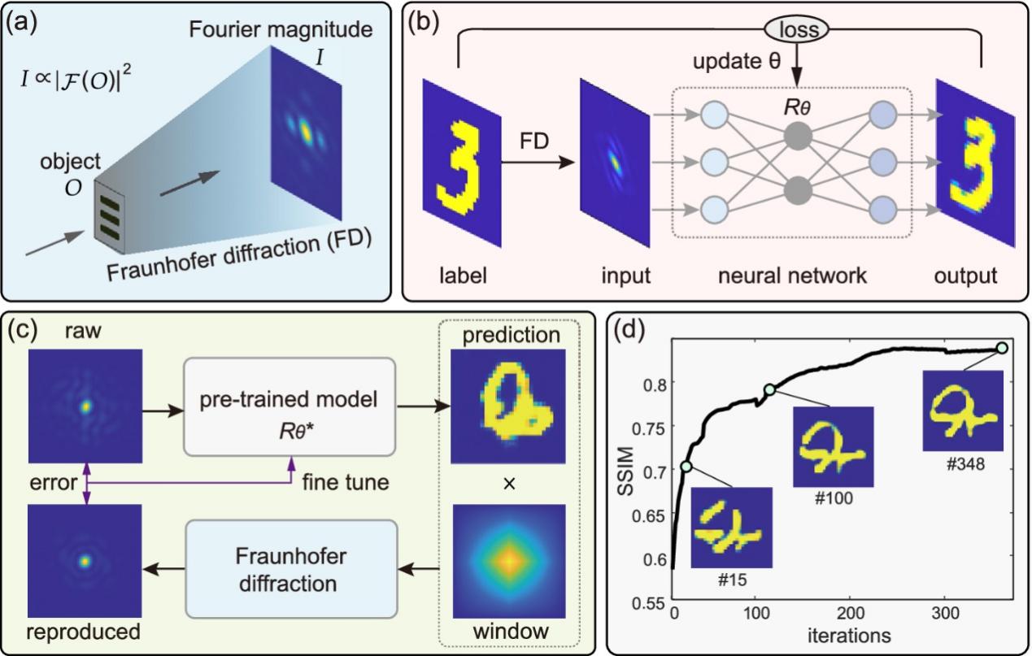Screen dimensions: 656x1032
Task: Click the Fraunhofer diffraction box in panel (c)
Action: pyautogui.click(x=290, y=562)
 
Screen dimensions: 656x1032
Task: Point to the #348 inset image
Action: pyautogui.click(x=962, y=411)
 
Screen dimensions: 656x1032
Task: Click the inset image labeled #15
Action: pyautogui.click(x=729, y=528)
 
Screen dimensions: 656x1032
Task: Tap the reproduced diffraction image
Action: pyautogui.click(x=85, y=562)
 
